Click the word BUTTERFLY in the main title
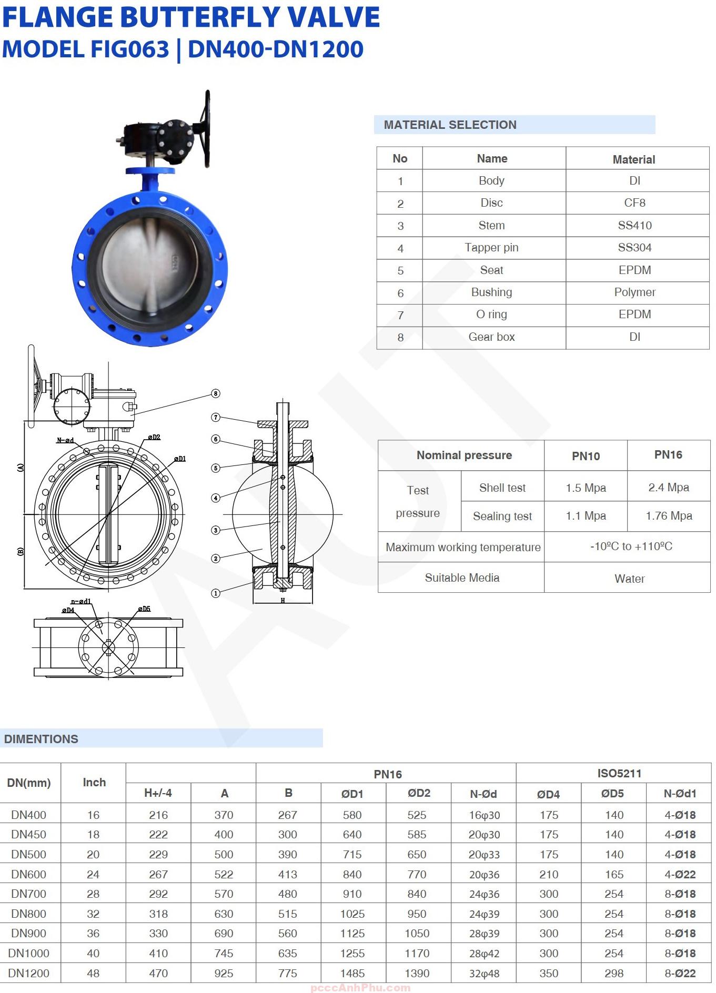201,17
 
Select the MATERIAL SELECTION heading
450,125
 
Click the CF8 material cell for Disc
634,203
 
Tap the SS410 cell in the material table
634,225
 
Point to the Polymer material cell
634,292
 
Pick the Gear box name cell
491,337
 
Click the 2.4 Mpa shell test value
668,488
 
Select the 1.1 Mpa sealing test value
586,516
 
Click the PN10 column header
586,456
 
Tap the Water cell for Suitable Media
629,579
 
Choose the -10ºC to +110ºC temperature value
631,546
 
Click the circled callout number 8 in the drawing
215,393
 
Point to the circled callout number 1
215,593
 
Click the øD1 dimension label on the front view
180,459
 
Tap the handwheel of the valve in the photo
206,129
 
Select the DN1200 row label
29,973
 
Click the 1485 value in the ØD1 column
352,973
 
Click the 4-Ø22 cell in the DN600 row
680,874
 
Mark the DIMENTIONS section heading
41,738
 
